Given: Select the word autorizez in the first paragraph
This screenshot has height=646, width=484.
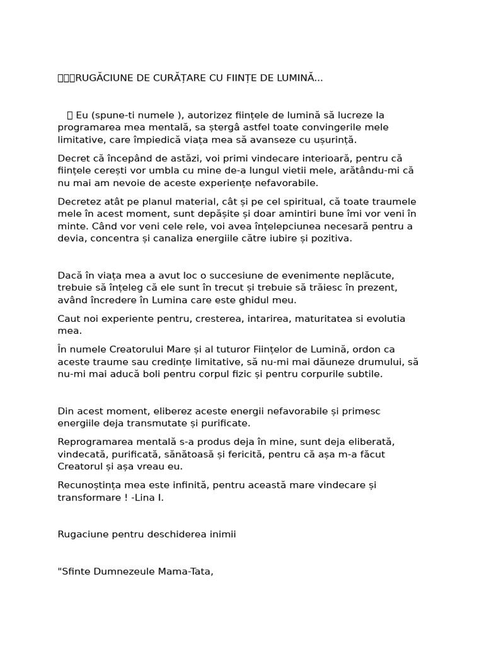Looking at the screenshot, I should coord(210,115).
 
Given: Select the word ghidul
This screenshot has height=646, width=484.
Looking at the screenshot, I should coord(242,300).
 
